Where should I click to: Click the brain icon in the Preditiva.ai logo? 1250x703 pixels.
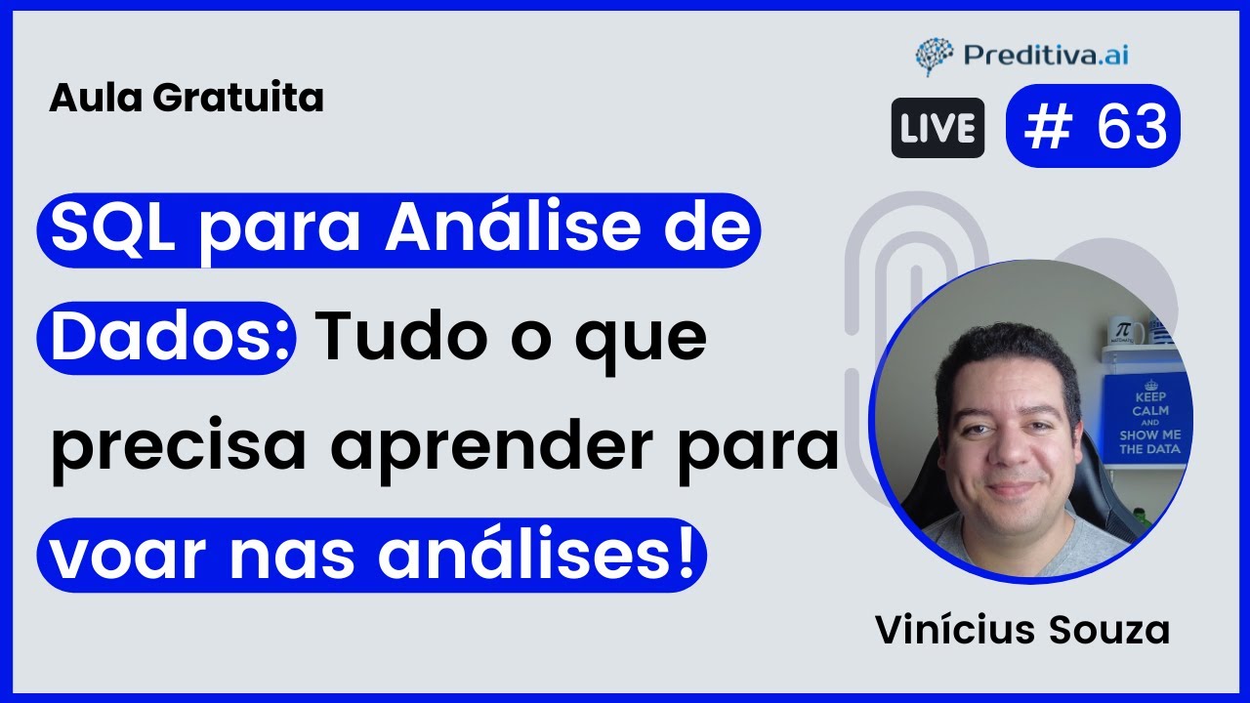click(934, 57)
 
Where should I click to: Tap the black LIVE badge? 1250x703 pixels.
click(937, 128)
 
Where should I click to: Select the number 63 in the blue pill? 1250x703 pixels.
click(1132, 127)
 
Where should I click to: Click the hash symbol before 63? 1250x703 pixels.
click(1050, 127)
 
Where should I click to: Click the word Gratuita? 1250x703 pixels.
click(238, 98)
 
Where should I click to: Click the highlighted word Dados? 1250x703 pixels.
click(166, 338)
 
